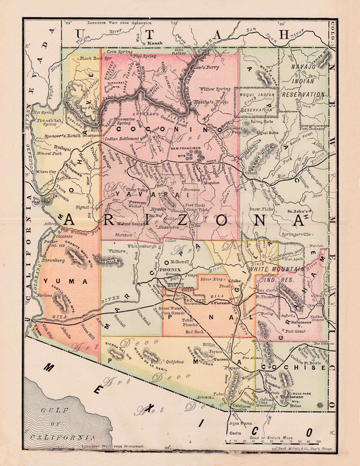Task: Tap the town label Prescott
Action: tap(138, 202)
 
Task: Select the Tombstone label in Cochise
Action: tap(292, 397)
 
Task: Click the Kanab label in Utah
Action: tap(154, 43)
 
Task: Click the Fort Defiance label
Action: tap(312, 128)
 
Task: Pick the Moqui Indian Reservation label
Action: tap(256, 102)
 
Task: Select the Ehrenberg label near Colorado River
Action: tap(53, 260)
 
